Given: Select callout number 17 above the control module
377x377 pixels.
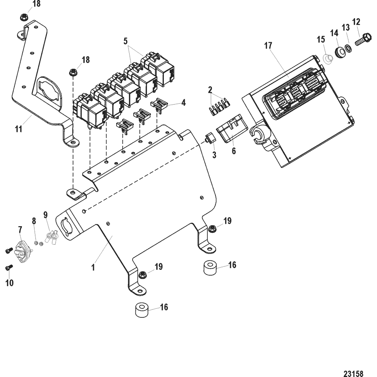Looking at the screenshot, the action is (x=268, y=46).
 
